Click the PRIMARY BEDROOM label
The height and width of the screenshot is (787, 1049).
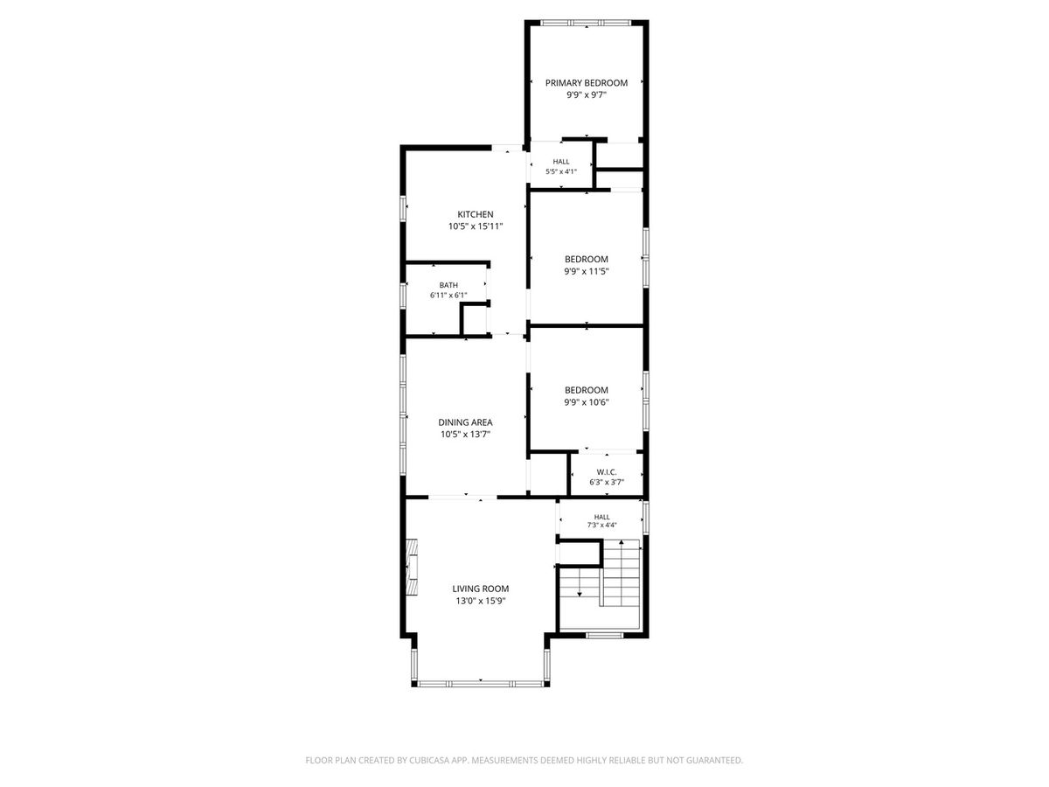[x=587, y=83]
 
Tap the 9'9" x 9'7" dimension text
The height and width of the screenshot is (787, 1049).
[x=587, y=95]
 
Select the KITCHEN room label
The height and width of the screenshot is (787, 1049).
[x=476, y=214]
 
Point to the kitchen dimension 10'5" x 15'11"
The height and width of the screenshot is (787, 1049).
[x=476, y=226]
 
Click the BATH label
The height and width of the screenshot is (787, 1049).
[x=448, y=285]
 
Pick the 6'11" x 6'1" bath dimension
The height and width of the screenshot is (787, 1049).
[x=448, y=296]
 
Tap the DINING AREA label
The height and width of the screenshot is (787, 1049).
[x=465, y=422]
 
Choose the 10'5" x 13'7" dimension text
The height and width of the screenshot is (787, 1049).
[x=465, y=435]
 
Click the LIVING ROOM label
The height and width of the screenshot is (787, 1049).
[x=480, y=589]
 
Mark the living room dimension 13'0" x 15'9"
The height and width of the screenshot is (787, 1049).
[x=480, y=601]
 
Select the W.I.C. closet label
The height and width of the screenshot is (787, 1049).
[x=607, y=472]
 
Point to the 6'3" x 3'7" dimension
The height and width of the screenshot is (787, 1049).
[x=607, y=482]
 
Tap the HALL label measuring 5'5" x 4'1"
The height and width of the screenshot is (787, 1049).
[x=561, y=162]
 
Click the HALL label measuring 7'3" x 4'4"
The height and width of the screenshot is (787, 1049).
[x=601, y=517]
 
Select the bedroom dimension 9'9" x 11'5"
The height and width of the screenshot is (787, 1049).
[x=587, y=271]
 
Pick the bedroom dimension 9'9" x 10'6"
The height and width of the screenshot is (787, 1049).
[x=587, y=402]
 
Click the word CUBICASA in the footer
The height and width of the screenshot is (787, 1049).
[x=429, y=760]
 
